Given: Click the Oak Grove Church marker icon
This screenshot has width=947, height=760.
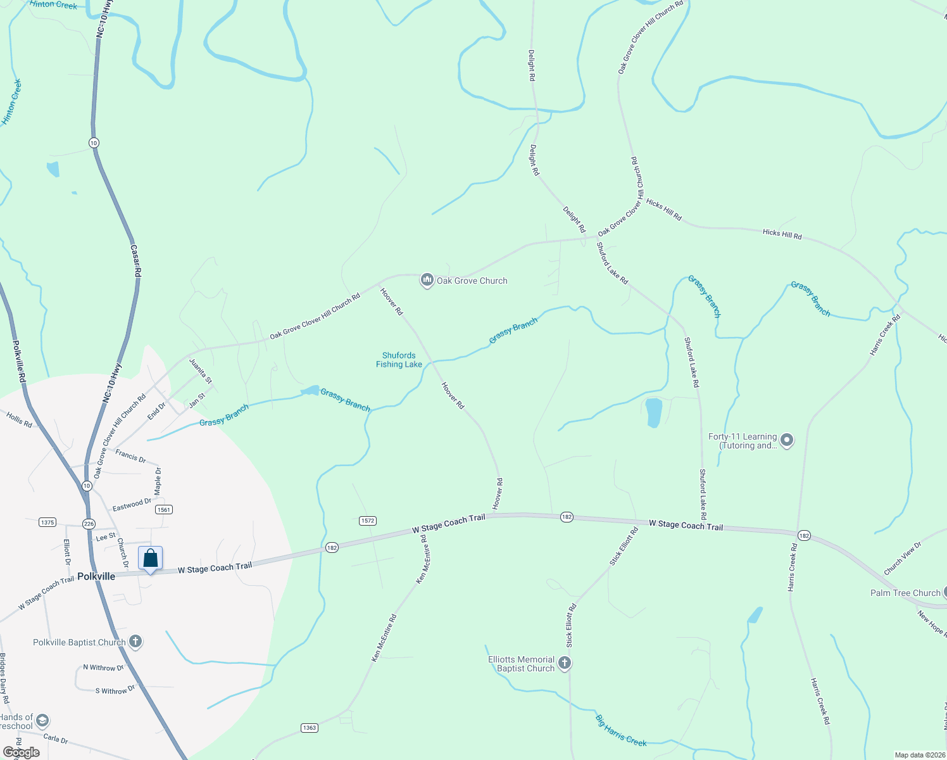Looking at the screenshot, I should pyautogui.click(x=427, y=280).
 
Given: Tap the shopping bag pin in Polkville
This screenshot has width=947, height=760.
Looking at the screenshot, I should pyautogui.click(x=151, y=559).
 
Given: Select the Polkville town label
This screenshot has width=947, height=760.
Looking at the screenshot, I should pyautogui.click(x=96, y=576).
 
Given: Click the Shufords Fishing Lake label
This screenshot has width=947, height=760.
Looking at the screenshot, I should pyautogui.click(x=399, y=360).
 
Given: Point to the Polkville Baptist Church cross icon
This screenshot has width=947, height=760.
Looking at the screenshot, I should pyautogui.click(x=135, y=642).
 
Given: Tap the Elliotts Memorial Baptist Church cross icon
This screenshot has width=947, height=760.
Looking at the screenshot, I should pyautogui.click(x=565, y=663).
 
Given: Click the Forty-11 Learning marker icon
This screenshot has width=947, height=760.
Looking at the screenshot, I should pyautogui.click(x=787, y=440).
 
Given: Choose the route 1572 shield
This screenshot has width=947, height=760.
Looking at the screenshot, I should pyautogui.click(x=368, y=521).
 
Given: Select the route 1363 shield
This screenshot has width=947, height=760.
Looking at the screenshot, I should pyautogui.click(x=309, y=728).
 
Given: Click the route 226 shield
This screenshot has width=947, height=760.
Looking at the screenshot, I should pyautogui.click(x=89, y=523).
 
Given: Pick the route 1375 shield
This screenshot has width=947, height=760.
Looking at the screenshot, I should pyautogui.click(x=47, y=522).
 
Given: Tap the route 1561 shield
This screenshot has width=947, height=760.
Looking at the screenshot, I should pyautogui.click(x=164, y=509).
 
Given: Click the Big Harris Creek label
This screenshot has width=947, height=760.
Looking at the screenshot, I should pyautogui.click(x=621, y=730).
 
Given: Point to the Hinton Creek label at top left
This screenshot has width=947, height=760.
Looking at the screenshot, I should pyautogui.click(x=53, y=4).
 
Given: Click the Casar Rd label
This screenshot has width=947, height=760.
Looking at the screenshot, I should pyautogui.click(x=135, y=260).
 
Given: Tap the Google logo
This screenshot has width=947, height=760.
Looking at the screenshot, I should pyautogui.click(x=21, y=752).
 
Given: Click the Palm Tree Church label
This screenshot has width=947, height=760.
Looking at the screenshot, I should pyautogui.click(x=905, y=593).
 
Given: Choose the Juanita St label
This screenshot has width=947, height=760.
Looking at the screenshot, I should pyautogui.click(x=201, y=371).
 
